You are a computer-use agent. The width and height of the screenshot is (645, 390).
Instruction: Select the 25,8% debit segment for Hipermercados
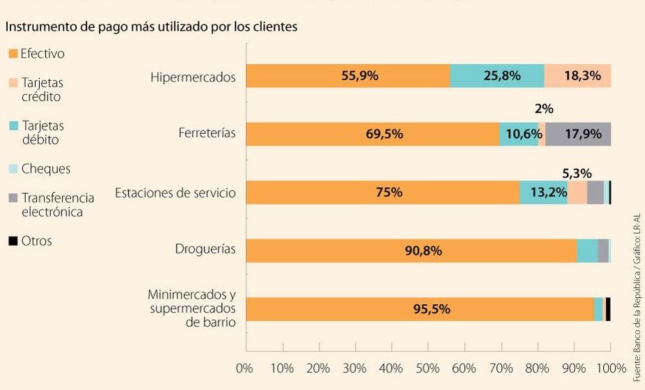497,76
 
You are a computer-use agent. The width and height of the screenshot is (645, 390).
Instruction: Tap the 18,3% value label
581,76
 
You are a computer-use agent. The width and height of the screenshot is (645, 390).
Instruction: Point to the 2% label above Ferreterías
543,109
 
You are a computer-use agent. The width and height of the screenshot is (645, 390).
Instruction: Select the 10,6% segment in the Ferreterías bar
519,134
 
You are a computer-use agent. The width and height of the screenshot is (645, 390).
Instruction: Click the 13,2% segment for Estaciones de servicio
543,193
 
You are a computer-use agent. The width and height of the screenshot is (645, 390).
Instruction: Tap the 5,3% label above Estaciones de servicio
577,173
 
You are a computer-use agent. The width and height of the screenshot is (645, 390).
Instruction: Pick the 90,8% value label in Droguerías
423,251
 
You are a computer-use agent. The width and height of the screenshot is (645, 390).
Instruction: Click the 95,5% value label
431,309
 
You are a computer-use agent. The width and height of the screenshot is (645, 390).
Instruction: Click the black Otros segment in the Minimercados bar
608,309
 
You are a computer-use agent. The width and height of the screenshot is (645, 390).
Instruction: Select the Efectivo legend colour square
12,54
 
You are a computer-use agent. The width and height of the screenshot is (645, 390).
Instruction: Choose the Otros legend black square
12,241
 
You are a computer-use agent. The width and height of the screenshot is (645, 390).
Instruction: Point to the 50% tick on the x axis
429,368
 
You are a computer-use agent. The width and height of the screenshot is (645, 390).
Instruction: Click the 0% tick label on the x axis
244,368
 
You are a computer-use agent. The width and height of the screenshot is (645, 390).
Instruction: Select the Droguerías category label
206,249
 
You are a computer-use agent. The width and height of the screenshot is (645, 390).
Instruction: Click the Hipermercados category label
193,77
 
